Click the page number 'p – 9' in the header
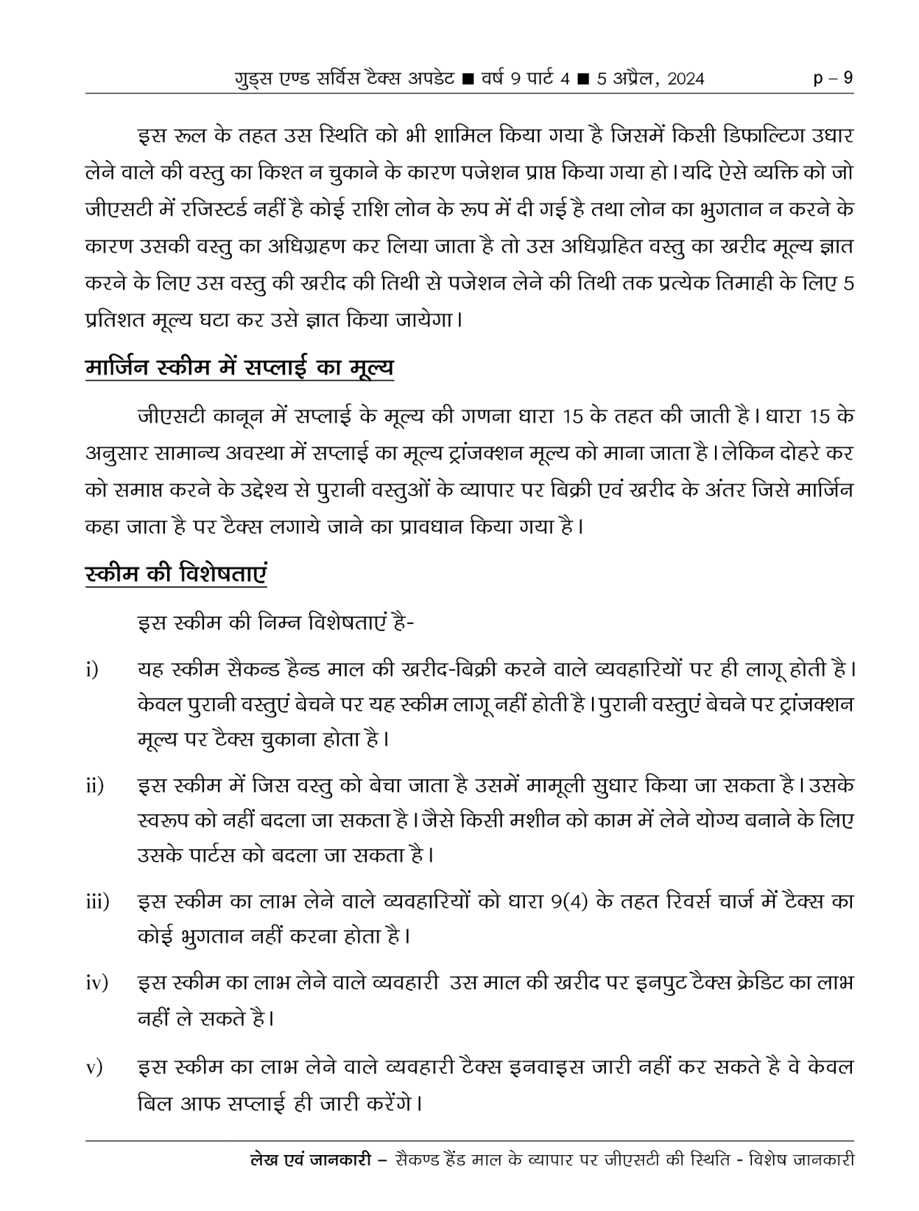click(x=834, y=78)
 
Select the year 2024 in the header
click(x=686, y=79)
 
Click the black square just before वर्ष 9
click(x=470, y=78)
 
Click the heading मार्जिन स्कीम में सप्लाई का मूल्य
click(x=239, y=368)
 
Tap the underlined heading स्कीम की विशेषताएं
click(x=176, y=575)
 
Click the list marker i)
click(x=92, y=670)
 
